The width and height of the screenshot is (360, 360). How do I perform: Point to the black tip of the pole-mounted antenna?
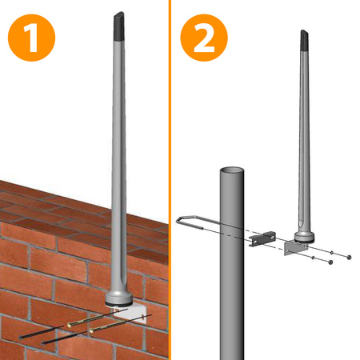305,40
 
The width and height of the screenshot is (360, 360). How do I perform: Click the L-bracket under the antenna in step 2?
303,250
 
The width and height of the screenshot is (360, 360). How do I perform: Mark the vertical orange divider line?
170,180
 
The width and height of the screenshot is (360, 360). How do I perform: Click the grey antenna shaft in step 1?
119,160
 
